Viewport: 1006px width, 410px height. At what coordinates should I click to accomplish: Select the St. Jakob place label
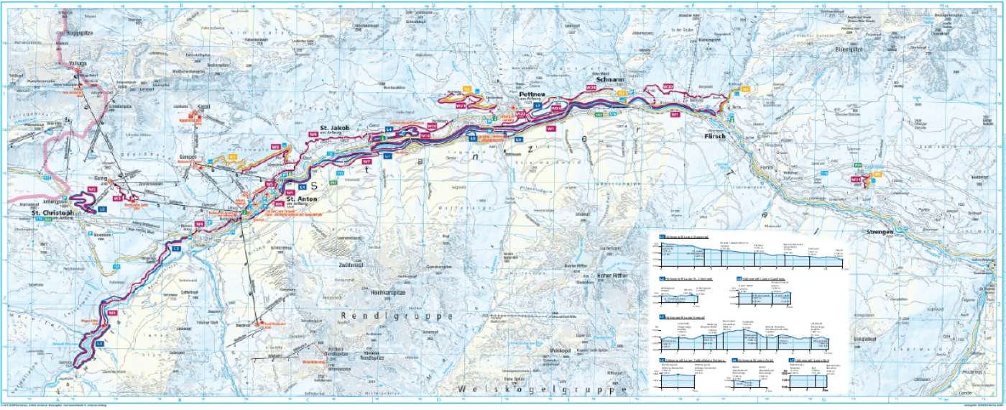334,128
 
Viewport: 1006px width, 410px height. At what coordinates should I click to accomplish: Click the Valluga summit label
78,63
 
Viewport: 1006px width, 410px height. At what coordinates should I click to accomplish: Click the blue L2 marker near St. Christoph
103,209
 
